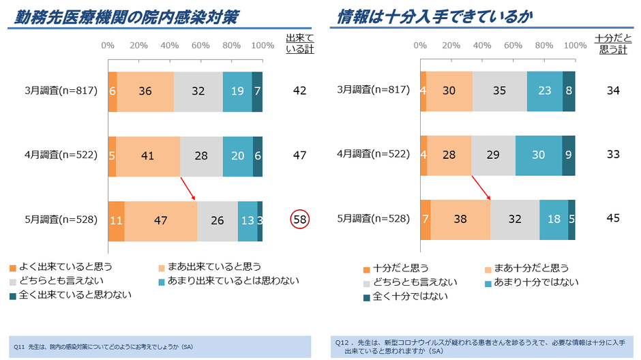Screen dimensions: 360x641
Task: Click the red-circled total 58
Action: tap(299, 219)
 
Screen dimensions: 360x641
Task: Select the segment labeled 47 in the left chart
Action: tap(161, 220)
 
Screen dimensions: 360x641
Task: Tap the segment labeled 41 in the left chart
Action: tap(148, 155)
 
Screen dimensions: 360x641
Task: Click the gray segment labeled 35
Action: tap(499, 91)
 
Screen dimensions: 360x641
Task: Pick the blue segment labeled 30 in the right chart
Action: tap(538, 155)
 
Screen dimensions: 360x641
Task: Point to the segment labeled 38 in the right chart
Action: tap(460, 220)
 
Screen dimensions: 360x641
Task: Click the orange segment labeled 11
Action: tap(116, 220)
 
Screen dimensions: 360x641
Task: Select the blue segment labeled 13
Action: tap(248, 220)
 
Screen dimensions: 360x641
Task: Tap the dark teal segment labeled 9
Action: tap(569, 155)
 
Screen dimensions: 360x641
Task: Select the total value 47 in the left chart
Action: tap(299, 155)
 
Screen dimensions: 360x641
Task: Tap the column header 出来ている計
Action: tap(299, 43)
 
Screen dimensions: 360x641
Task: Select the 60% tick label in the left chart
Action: tap(200, 46)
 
